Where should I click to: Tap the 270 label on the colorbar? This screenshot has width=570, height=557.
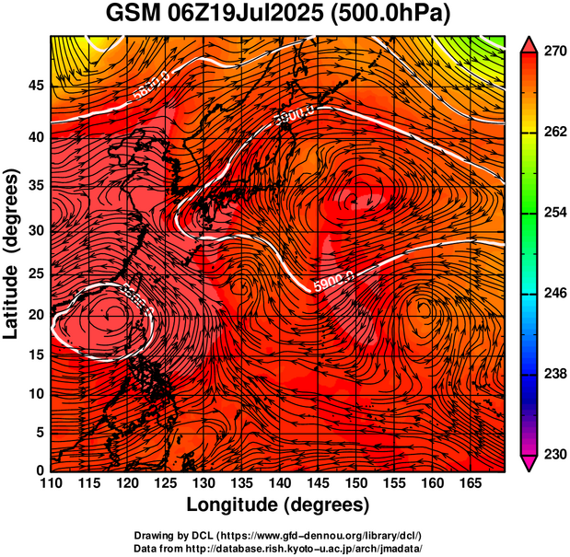553,52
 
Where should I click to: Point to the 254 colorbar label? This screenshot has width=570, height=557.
553,213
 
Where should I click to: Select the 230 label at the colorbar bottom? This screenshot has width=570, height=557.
553,454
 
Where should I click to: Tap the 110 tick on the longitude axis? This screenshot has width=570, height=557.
51,482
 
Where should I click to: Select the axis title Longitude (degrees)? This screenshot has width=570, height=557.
278,505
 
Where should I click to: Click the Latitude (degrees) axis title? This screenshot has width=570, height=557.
12,253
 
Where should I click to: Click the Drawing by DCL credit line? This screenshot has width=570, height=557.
278,535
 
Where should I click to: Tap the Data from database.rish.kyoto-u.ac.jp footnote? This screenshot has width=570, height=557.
278,547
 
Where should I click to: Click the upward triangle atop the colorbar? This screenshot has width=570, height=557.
529,42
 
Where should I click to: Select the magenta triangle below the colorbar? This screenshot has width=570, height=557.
529,464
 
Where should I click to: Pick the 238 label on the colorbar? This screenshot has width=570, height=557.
553,374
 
